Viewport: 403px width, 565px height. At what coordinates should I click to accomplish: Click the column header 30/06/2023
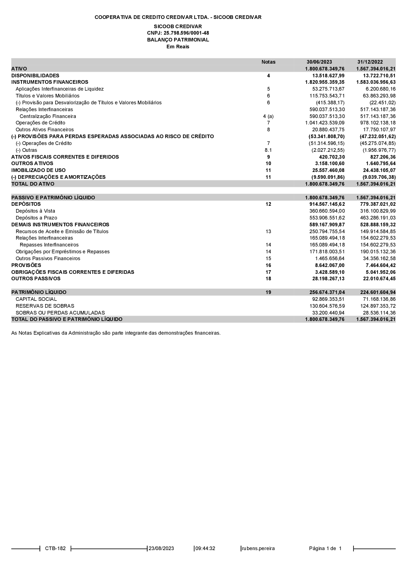pos(319,62)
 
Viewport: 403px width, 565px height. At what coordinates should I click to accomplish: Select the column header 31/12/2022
pos(370,62)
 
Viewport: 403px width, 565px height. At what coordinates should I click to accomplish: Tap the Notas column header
pos(268,62)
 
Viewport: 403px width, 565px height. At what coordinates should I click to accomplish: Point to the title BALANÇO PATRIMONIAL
pos(178,40)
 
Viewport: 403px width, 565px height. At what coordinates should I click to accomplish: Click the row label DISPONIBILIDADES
pos(35,76)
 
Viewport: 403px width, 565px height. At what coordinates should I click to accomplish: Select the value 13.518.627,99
pos(328,76)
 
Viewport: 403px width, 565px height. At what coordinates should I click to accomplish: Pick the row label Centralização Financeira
pos(48,116)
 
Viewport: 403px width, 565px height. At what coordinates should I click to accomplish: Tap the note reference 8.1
pos(268,150)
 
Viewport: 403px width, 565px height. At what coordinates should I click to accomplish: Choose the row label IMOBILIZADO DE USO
pos(38,170)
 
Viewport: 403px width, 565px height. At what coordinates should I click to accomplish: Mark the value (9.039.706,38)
pos(379,177)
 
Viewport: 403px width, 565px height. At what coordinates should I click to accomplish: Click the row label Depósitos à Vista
pos(35,211)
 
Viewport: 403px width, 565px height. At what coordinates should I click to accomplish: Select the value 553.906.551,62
pos(327,218)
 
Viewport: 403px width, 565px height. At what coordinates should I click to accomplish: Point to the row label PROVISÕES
pos(26,265)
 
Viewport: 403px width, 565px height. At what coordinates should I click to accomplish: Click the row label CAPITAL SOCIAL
pos(36,299)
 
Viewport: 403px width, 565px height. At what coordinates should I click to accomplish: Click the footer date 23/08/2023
pos(161,548)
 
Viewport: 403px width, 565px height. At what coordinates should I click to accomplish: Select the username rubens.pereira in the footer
pos(258,548)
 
